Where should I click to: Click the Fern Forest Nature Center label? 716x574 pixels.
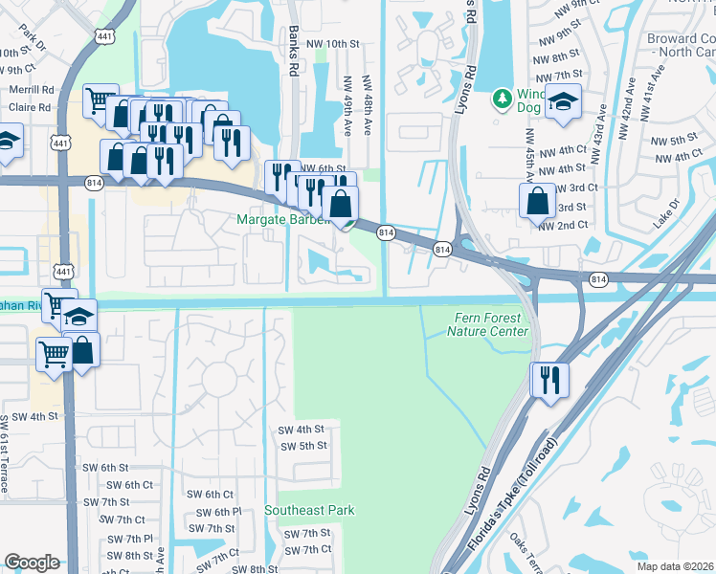coord(488,324)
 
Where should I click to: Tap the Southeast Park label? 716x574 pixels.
coord(309,510)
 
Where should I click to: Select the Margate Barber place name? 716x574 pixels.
coord(283,221)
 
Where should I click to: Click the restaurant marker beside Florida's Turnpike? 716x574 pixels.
coord(549,379)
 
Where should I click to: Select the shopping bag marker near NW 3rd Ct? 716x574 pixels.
coord(537,200)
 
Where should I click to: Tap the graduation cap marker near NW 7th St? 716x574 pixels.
coord(563,101)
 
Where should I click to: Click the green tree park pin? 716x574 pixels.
coord(501,99)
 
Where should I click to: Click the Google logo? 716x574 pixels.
coord(32,563)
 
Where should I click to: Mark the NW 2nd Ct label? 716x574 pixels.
coord(562,225)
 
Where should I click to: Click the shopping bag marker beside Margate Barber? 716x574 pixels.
coord(340,203)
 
